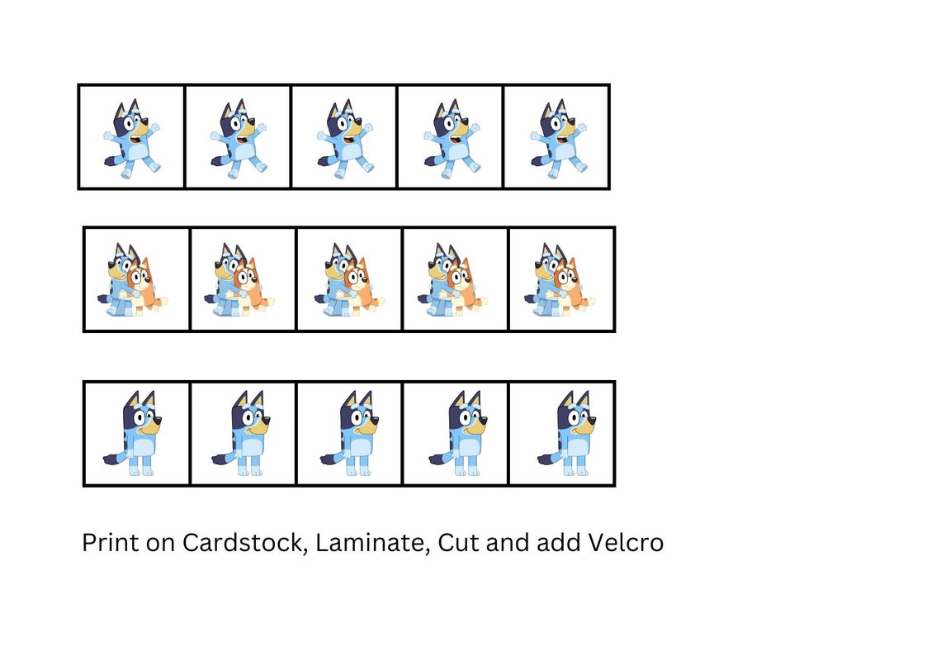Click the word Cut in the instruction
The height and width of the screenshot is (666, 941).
click(x=458, y=543)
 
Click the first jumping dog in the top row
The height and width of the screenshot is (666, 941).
click(x=131, y=139)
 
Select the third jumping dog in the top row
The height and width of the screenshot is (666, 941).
click(x=344, y=139)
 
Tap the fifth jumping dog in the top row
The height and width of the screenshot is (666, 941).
click(x=558, y=139)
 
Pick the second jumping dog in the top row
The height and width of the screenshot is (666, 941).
click(x=238, y=139)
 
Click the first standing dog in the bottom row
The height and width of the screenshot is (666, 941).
click(x=138, y=434)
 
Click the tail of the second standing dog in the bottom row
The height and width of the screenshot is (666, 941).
click(x=221, y=456)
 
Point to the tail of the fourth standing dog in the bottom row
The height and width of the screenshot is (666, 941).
click(x=438, y=456)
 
